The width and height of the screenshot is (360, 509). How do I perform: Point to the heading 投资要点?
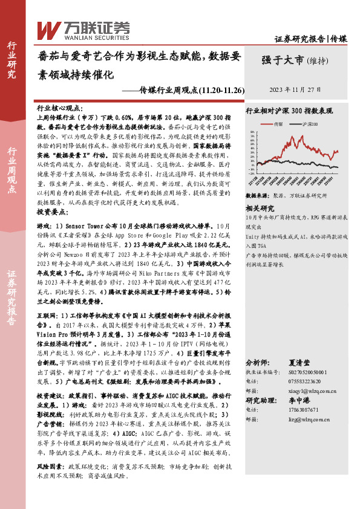53,213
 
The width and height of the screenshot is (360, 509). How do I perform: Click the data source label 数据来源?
257,196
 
